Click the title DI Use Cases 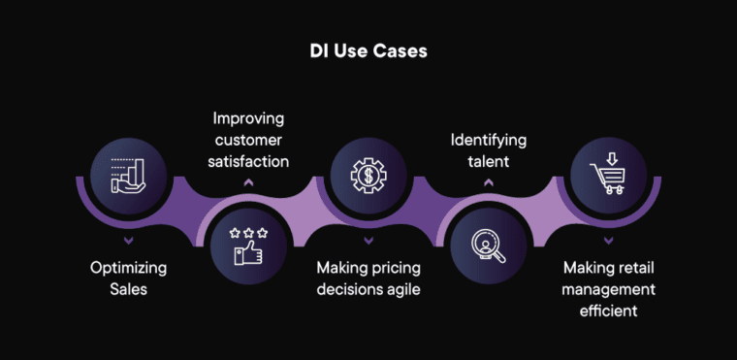click(x=368, y=50)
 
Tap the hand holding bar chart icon click(x=129, y=176)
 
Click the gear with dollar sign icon click(x=368, y=176)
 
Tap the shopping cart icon click(x=608, y=176)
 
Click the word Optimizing click(x=129, y=267)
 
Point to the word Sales click(x=129, y=289)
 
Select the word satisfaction click(x=249, y=161)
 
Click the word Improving click(x=249, y=118)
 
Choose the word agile click(x=401, y=289)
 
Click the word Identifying click(x=488, y=140)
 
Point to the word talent click(x=488, y=161)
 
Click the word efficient click(x=608, y=311)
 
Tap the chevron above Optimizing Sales click(x=129, y=240)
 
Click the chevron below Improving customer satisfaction click(x=249, y=182)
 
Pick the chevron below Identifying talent click(x=488, y=182)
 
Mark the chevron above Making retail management click(x=608, y=240)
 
